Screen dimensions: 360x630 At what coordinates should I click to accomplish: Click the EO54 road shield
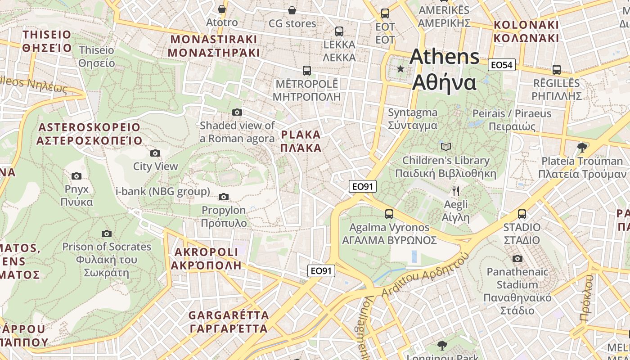502,65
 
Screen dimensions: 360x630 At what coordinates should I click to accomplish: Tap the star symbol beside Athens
400,69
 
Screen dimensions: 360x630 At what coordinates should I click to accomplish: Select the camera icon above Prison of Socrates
107,234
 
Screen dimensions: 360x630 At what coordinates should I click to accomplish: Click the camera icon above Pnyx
76,176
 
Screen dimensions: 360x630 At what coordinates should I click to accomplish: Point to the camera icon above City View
155,153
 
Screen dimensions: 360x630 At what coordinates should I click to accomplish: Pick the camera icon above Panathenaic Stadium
517,259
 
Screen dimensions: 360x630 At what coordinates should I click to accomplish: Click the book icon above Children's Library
446,147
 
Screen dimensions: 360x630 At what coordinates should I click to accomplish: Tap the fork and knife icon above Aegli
456,191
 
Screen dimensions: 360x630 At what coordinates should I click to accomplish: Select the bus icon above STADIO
522,214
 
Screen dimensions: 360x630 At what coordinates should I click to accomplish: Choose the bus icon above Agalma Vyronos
389,214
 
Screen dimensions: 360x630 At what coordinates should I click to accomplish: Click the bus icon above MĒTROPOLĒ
307,71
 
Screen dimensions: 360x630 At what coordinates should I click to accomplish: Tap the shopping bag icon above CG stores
292,10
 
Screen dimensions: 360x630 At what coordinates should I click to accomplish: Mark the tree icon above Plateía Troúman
582,148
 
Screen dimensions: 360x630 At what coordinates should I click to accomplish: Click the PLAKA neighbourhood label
301,141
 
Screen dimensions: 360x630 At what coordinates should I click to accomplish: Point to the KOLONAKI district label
526,31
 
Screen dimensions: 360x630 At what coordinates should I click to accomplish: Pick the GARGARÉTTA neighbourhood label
229,322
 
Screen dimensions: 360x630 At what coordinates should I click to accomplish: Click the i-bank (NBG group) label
163,192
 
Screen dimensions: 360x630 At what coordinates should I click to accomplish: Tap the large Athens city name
445,70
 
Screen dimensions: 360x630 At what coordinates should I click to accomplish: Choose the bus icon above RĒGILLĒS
557,70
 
